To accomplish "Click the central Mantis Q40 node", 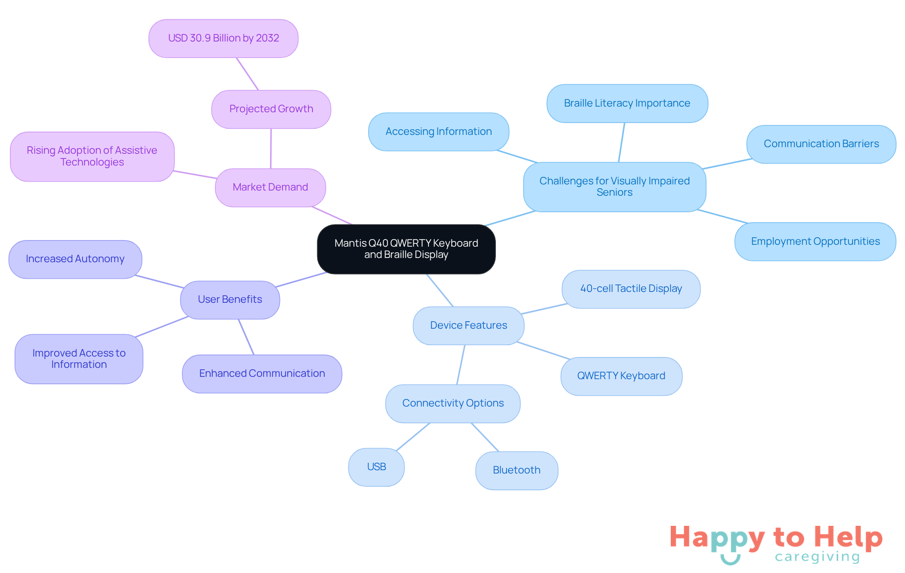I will pyautogui.click(x=406, y=249).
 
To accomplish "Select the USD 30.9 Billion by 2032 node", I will pyautogui.click(x=223, y=38).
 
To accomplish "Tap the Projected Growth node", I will pyautogui.click(x=271, y=109).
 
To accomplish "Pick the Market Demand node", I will pyautogui.click(x=270, y=187).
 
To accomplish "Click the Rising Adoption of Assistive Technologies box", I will pyautogui.click(x=92, y=156).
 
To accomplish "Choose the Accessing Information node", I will pyautogui.click(x=438, y=132).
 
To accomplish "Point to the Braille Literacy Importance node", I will pyautogui.click(x=627, y=103).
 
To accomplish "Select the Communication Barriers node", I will pyautogui.click(x=821, y=144).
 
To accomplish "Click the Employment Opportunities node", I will pyautogui.click(x=815, y=241).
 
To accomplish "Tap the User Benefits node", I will pyautogui.click(x=230, y=299).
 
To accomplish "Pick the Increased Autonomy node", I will pyautogui.click(x=75, y=259).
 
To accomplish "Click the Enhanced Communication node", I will pyautogui.click(x=262, y=374).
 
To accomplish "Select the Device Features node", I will pyautogui.click(x=469, y=325).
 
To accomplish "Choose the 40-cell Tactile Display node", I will pyautogui.click(x=631, y=289).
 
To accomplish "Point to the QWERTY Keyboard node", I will pyautogui.click(x=621, y=376).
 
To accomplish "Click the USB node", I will pyautogui.click(x=376, y=467).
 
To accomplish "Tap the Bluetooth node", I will pyautogui.click(x=516, y=470).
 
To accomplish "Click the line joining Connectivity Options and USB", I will pyautogui.click(x=413, y=436).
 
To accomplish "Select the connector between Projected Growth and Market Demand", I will pyautogui.click(x=271, y=149).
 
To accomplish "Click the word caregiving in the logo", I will pyautogui.click(x=817, y=557).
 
